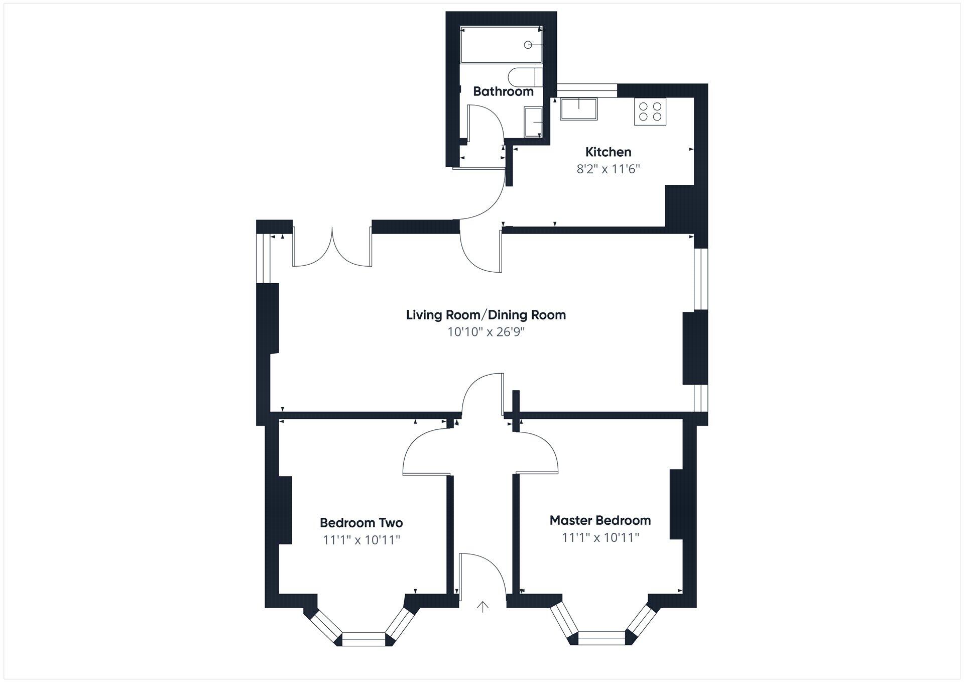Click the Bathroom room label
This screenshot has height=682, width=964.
pyautogui.click(x=503, y=91)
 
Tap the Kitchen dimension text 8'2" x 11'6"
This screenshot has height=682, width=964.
pyautogui.click(x=608, y=169)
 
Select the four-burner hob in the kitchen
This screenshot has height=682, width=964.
pyautogui.click(x=650, y=112)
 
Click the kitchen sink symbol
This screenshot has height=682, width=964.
pyautogui.click(x=579, y=109)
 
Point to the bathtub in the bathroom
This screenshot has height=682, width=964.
pyautogui.click(x=501, y=45)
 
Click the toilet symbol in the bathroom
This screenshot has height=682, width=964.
pyautogui.click(x=524, y=78)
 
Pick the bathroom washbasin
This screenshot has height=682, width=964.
pyautogui.click(x=532, y=122)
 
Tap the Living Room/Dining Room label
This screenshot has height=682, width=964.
pyautogui.click(x=486, y=315)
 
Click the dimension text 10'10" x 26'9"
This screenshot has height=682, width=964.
pyautogui.click(x=486, y=332)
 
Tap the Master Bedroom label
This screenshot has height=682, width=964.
pyautogui.click(x=600, y=520)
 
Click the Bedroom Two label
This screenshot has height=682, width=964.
pyautogui.click(x=361, y=523)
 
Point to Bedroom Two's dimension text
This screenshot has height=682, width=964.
pyautogui.click(x=361, y=540)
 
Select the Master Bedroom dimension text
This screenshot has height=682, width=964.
pyautogui.click(x=600, y=537)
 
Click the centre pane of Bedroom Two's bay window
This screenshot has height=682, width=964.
pyautogui.click(x=364, y=638)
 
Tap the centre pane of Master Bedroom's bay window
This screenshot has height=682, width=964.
pyautogui.click(x=602, y=637)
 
